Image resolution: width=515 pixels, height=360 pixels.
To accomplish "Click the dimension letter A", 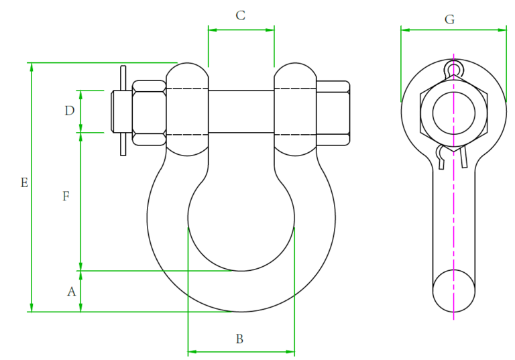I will click(x=70, y=292).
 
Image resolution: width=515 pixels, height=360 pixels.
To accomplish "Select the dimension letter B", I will click(x=239, y=339).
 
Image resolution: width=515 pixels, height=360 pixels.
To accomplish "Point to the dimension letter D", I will click(x=69, y=111).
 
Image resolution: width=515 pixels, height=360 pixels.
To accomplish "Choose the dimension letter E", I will click(x=24, y=182).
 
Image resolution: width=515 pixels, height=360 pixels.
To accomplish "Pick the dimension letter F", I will click(x=66, y=196).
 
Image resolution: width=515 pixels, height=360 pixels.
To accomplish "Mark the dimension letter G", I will click(x=449, y=19).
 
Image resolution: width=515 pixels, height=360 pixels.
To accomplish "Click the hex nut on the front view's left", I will click(x=149, y=113).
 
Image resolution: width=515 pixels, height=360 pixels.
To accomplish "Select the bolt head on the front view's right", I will click(x=333, y=113).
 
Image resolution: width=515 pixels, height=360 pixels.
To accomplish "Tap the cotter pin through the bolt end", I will click(x=123, y=111).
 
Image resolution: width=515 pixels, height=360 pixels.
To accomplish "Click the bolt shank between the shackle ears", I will click(x=241, y=111).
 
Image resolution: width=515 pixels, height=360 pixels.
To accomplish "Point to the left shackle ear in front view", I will click(x=186, y=111).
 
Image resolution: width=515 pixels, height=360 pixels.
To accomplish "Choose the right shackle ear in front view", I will click(x=295, y=111).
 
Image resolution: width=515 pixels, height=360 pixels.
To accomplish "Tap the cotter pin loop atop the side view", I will click(x=454, y=69).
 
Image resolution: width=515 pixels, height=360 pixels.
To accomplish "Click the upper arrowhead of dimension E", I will click(x=31, y=67).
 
